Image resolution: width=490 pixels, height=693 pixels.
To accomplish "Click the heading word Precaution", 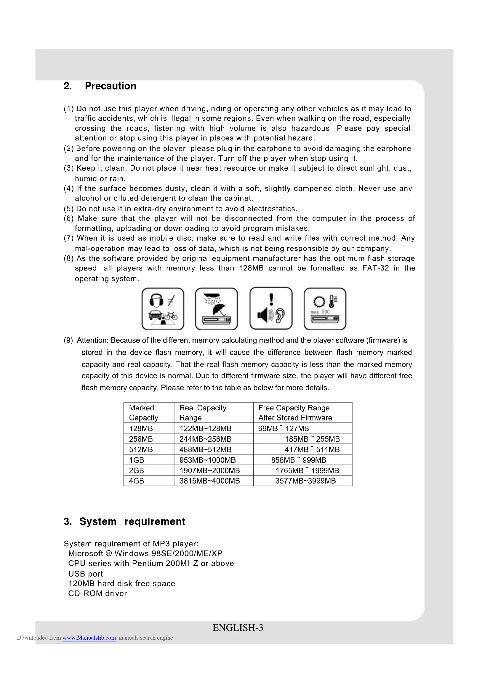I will [x=111, y=86].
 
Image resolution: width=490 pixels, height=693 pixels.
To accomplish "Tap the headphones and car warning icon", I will [x=163, y=309].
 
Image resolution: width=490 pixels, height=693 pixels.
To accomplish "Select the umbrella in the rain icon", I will [x=216, y=309].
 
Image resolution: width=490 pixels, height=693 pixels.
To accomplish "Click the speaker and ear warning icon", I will [x=271, y=308].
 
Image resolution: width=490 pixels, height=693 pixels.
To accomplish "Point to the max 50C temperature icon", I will [x=325, y=309].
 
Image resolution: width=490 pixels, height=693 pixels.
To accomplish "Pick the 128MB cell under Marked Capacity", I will [x=141, y=428].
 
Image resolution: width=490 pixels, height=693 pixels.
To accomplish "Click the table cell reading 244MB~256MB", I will [x=205, y=439].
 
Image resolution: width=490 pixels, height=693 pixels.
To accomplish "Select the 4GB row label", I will [x=136, y=481].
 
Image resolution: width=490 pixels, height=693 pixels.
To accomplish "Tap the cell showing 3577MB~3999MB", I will [x=305, y=481].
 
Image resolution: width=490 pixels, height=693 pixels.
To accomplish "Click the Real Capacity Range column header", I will [x=203, y=413].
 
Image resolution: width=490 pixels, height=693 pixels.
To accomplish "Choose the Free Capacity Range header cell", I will [x=295, y=413].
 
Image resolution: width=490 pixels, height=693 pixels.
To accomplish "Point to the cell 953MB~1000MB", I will [x=207, y=460].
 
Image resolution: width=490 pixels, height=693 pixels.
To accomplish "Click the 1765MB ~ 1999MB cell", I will [x=307, y=470].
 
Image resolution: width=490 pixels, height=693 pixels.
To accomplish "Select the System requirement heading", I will [x=124, y=521].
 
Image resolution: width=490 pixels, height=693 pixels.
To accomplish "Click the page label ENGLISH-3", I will [x=238, y=628].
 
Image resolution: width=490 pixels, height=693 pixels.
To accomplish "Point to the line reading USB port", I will [x=85, y=574].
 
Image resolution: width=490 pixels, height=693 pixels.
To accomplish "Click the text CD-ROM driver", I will [x=97, y=593].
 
